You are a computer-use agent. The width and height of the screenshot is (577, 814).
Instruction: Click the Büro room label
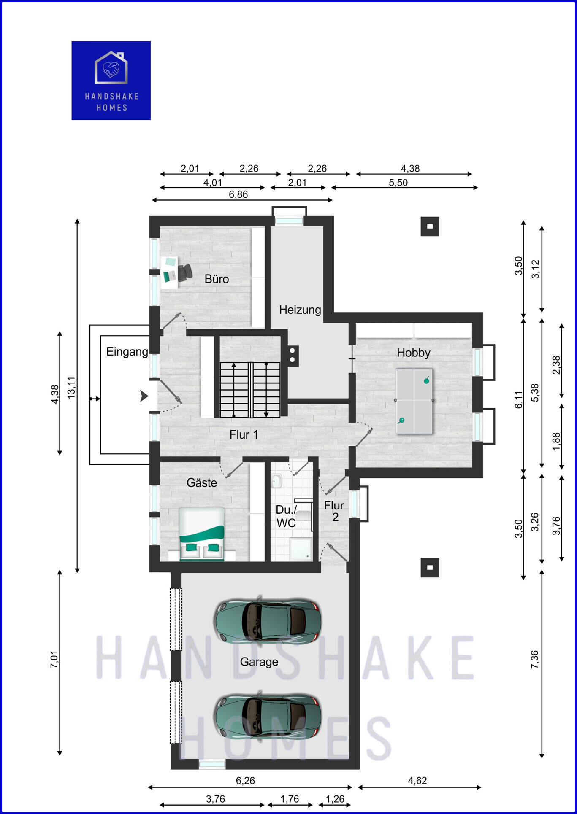coord(217,279)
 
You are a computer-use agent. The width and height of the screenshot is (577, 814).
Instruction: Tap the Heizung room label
coord(300,310)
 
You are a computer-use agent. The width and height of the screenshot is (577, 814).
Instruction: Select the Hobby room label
coord(414,353)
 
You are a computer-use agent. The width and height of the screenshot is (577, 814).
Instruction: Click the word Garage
coord(259,662)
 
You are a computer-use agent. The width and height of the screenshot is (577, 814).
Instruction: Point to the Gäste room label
coord(202,482)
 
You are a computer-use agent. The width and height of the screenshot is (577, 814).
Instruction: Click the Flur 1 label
coord(244,434)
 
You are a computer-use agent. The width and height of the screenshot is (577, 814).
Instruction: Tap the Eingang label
coord(127,352)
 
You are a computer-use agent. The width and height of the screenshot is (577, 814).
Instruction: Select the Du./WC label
coord(286,516)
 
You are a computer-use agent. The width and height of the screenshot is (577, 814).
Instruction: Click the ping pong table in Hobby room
coord(414,401)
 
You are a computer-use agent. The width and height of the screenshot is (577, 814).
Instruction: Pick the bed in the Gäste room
coord(202,534)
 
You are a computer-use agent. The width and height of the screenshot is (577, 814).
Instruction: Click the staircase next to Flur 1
coord(250,390)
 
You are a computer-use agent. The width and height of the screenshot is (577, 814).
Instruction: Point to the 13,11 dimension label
coord(71,387)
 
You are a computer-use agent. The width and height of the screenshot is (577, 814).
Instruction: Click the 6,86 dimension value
coord(238,194)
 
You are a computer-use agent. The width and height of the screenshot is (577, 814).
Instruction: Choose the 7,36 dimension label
coord(535,659)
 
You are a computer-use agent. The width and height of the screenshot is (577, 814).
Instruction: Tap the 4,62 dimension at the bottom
coord(417,781)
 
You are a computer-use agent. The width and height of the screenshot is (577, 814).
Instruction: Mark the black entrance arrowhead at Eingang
coord(144,396)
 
